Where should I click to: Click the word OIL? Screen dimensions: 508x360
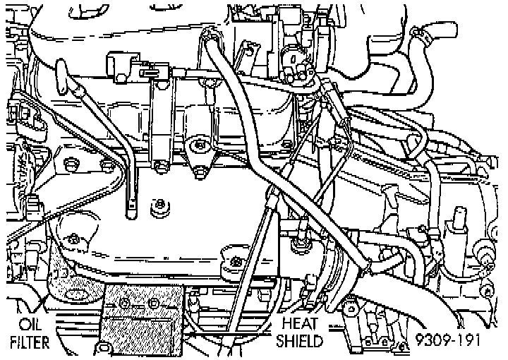[30, 325]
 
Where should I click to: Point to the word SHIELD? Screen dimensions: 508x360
[300, 342]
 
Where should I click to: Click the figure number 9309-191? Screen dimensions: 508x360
[448, 341]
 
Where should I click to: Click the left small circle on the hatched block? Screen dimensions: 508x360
[124, 303]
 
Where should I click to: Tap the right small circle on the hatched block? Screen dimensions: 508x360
[154, 303]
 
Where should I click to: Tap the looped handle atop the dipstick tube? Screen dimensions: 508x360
[71, 82]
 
